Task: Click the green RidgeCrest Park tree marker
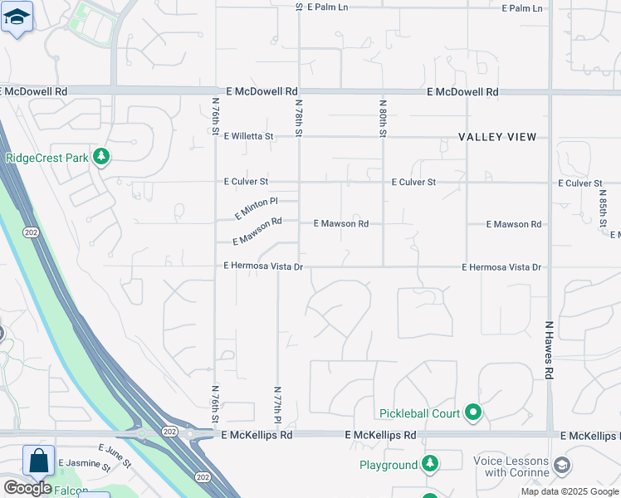[100, 157]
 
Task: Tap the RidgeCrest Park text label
[46, 158]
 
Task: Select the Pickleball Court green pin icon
[473, 412]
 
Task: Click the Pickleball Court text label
[420, 413]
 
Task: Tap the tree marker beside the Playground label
[430, 464]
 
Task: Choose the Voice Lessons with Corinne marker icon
[562, 464]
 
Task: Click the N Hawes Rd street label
[549, 351]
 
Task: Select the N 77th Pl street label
[277, 405]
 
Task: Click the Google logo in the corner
[27, 488]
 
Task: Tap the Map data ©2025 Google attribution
[570, 491]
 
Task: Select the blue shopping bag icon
[38, 461]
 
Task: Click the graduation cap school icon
[17, 17]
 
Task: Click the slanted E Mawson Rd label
[258, 232]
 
